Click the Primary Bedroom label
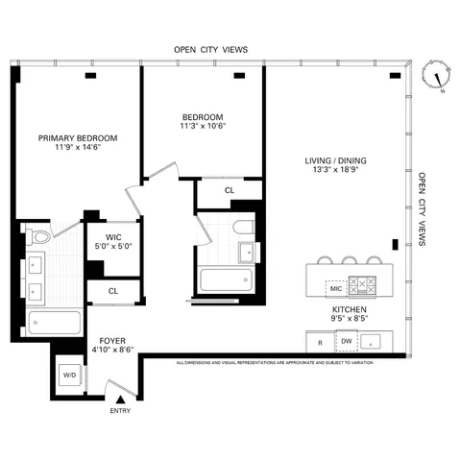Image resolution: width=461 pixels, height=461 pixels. [78, 138]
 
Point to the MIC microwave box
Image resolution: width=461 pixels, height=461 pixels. [335, 287]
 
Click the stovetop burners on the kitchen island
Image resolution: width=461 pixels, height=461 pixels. [364, 286]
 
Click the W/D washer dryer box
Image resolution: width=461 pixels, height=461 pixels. [68, 376]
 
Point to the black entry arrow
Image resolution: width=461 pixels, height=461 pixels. [120, 397]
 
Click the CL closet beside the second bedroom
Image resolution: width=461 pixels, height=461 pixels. [229, 190]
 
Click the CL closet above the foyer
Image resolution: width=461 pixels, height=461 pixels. [112, 290]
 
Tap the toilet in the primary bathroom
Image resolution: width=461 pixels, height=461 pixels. [41, 236]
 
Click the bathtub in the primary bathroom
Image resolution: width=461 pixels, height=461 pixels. [53, 322]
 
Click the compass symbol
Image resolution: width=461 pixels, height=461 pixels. [437, 78]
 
